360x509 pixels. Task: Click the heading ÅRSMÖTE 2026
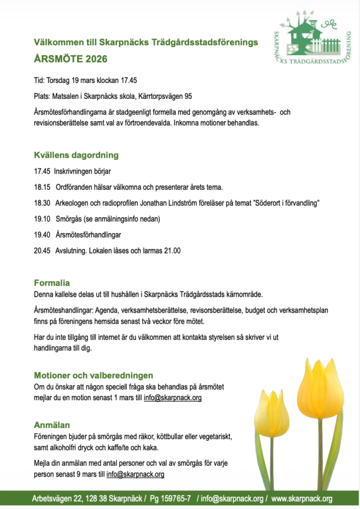(70, 59)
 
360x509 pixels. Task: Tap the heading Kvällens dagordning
(76, 155)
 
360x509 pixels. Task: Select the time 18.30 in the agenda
(42, 203)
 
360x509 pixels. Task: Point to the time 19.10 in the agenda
(42, 219)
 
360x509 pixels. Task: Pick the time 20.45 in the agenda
(42, 251)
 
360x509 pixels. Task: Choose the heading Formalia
(52, 283)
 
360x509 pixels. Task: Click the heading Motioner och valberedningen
(93, 375)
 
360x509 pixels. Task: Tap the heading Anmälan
(52, 425)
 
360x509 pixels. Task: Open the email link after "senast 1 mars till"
(173, 398)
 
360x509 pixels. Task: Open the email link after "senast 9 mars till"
(135, 474)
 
